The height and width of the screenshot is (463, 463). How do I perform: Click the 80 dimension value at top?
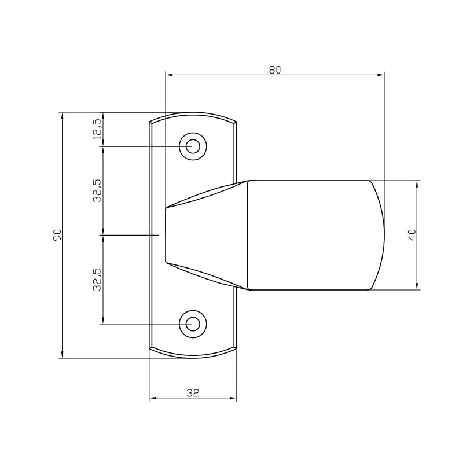pyautogui.click(x=274, y=70)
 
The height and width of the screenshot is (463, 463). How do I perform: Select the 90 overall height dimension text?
pyautogui.click(x=57, y=234)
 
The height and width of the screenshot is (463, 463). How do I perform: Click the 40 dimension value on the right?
pyautogui.click(x=412, y=234)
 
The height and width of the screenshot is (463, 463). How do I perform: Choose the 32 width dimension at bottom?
pyautogui.click(x=193, y=393)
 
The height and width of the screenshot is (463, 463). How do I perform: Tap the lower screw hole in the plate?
pyautogui.click(x=193, y=324)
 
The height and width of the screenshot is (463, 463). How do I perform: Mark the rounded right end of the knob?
pyautogui.click(x=379, y=234)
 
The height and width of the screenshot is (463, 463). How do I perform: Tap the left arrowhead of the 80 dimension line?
pyautogui.click(x=170, y=75)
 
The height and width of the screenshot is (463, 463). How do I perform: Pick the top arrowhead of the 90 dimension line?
pyautogui.click(x=62, y=116)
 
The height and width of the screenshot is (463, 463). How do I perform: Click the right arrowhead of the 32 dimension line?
pyautogui.click(x=233, y=398)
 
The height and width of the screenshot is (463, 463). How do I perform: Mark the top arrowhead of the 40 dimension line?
pyautogui.click(x=417, y=185)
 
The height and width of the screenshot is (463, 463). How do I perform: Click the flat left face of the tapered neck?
pyautogui.click(x=166, y=234)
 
